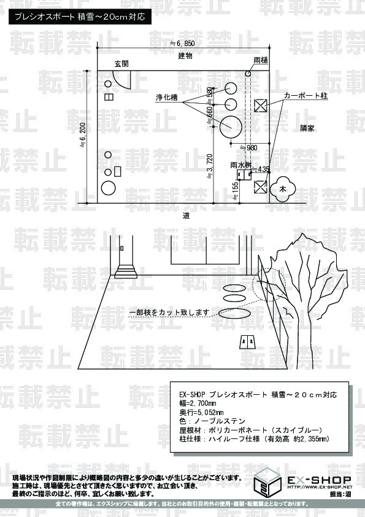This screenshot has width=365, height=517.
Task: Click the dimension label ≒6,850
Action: (182, 44)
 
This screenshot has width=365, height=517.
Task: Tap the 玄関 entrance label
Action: (121, 63)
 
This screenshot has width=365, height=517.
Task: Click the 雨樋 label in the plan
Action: (260, 61)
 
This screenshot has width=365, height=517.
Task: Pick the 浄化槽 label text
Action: (166, 98)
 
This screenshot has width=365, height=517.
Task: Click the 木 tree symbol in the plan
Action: (283, 187)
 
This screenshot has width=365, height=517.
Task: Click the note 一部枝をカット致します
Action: (169, 313)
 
